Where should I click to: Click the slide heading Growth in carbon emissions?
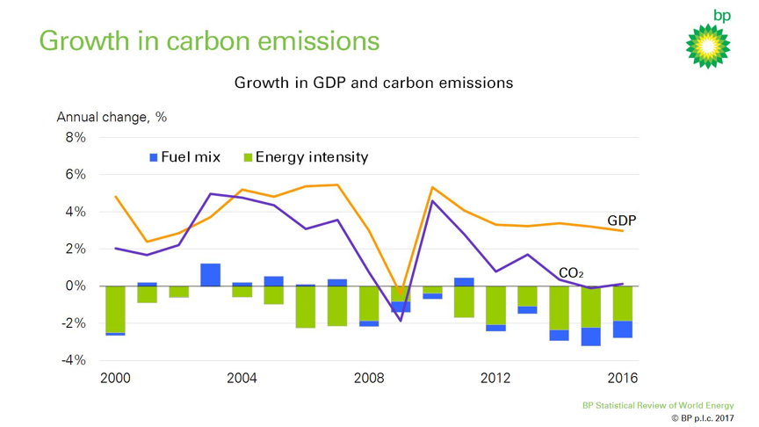click(210, 41)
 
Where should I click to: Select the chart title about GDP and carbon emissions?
click(373, 83)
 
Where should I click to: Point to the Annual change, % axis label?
click(112, 117)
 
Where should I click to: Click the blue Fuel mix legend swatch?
click(154, 158)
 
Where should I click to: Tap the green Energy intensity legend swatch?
click(249, 158)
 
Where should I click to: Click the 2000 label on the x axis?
click(116, 379)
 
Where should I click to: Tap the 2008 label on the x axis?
click(369, 379)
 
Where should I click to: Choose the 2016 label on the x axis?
click(622, 379)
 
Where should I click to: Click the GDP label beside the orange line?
click(621, 221)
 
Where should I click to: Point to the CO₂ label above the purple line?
click(570, 273)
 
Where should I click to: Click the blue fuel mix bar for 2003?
click(211, 275)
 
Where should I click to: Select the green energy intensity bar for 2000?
click(116, 309)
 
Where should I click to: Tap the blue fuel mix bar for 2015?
click(590, 337)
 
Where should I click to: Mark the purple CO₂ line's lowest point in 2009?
click(401, 321)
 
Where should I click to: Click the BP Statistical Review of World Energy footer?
click(658, 406)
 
